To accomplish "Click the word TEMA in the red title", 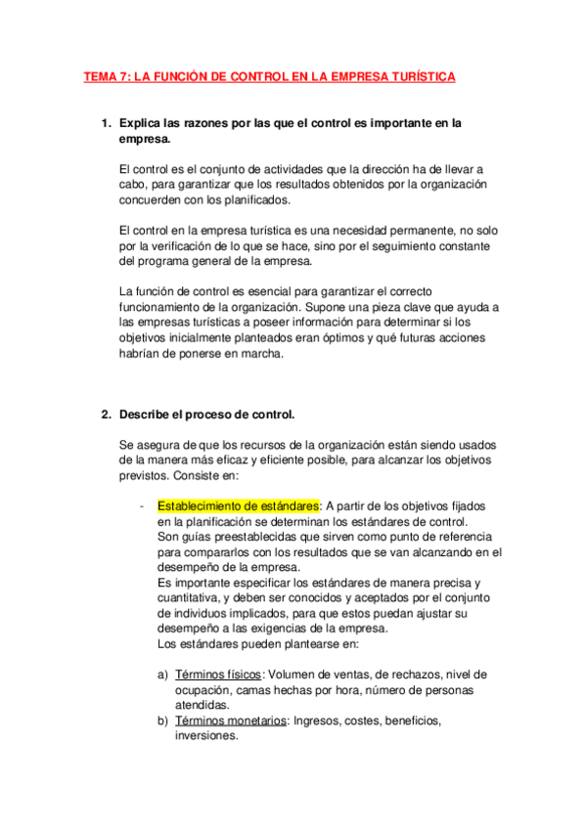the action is click(100, 76).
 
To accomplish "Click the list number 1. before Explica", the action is click(107, 124).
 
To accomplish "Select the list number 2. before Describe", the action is click(107, 414).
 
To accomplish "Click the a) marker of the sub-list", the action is click(163, 675).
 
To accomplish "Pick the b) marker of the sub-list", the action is click(163, 720).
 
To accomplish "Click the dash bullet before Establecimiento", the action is click(144, 506).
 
